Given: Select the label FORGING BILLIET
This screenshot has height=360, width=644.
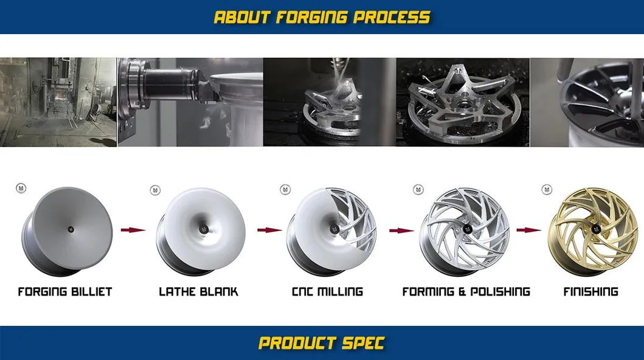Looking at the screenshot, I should point(65,292).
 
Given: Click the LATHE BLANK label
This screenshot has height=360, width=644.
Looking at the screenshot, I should point(198,292).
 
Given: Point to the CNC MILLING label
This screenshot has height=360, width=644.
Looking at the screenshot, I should point(327,292).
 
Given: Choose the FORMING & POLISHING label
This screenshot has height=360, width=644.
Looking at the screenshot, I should point(466,292).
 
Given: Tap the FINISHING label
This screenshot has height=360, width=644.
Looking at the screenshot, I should point(590,292).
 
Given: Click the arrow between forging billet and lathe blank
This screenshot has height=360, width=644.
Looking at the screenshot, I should point(133,230).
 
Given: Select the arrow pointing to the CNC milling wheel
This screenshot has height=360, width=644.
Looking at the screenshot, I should point(269,230).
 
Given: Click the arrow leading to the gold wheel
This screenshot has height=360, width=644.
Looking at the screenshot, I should point(528,230).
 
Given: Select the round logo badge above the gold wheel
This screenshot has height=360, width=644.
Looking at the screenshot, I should point(547,190).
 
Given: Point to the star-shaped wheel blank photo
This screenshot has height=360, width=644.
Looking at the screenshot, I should point(462,102).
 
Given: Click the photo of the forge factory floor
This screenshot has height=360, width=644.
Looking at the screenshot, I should point(58,102).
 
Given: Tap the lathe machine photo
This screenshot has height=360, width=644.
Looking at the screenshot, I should point(190,102).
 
